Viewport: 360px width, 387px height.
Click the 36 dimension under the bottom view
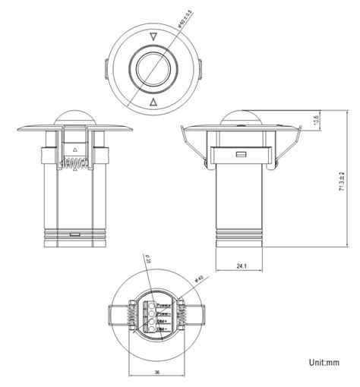click(156, 372)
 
